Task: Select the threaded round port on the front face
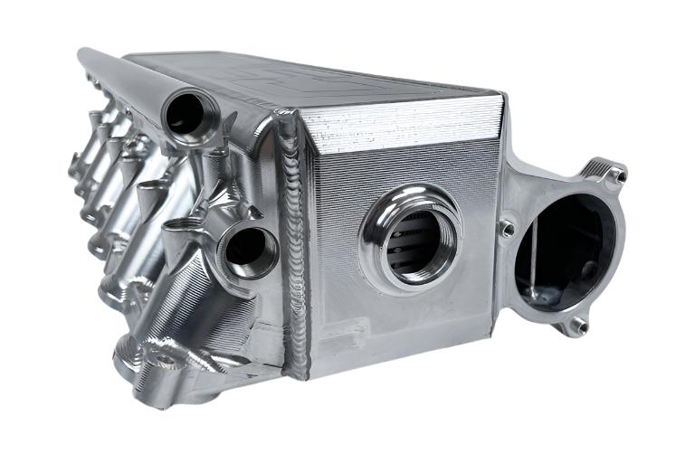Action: click(x=413, y=238)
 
